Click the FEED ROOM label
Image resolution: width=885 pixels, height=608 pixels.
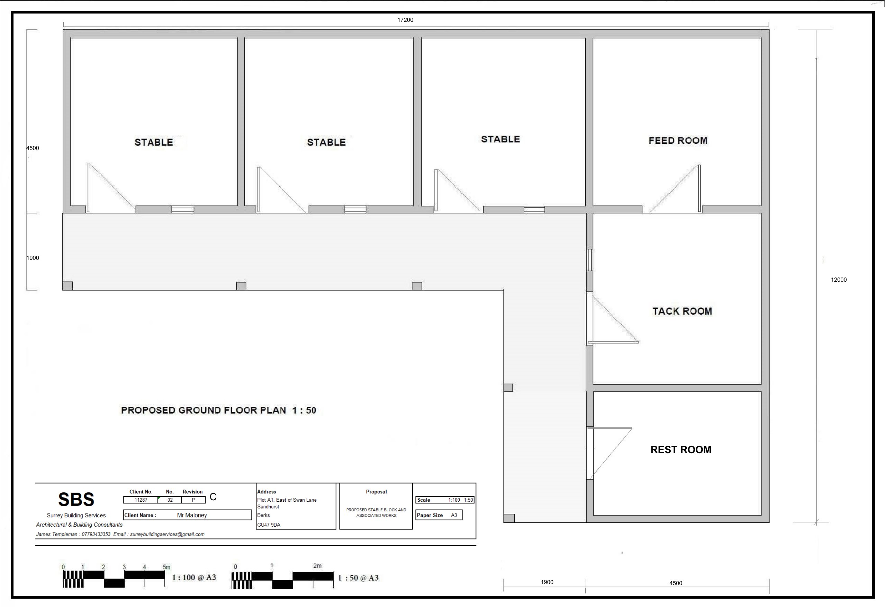point(678,141)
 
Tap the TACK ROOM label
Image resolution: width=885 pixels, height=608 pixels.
point(682,311)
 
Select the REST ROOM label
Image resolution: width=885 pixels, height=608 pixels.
point(681,450)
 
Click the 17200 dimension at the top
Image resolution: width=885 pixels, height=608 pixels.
point(405,20)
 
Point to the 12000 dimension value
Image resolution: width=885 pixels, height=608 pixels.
point(839,280)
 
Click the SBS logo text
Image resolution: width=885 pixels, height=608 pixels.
point(76,499)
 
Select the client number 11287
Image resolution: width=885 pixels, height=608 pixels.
point(141,500)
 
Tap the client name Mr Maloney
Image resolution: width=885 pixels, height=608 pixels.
point(192,516)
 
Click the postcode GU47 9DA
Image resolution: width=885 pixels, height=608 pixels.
point(269,525)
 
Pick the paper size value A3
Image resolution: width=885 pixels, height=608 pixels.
point(454,515)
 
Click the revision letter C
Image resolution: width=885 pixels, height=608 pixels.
point(213,497)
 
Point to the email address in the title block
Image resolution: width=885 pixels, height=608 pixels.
point(167,534)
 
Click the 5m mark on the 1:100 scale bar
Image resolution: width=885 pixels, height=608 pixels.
point(166,567)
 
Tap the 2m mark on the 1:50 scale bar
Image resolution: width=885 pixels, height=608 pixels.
point(317,566)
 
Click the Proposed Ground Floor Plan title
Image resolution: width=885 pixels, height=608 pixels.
point(219,410)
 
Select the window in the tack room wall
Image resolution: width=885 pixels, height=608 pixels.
point(589,259)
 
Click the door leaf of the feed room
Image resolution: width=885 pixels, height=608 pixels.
point(699,188)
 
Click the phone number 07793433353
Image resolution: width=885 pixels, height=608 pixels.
point(96,534)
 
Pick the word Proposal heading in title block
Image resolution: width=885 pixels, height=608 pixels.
point(376,492)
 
